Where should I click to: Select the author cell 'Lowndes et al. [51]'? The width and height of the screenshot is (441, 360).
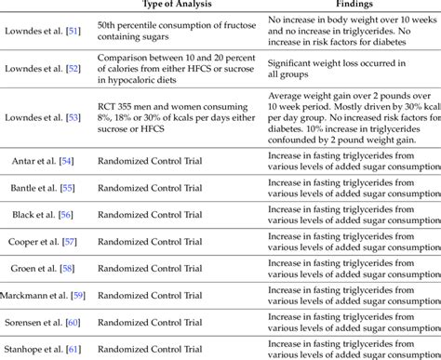41,31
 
